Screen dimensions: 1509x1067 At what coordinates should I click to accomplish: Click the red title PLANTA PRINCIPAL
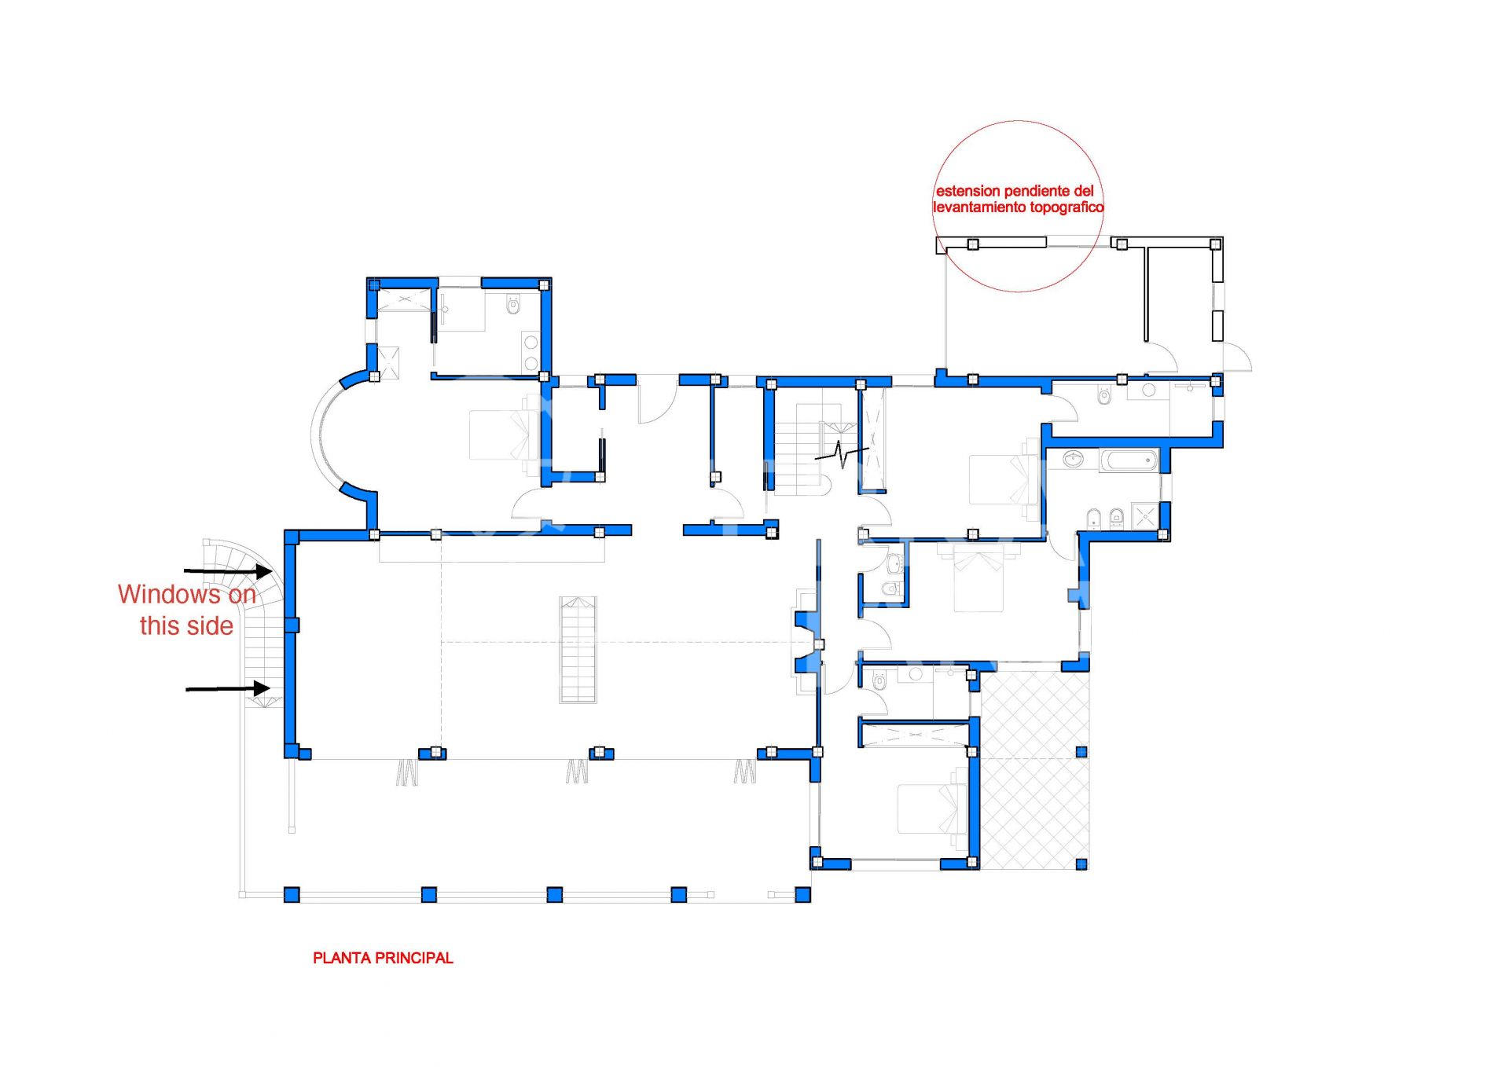(x=383, y=958)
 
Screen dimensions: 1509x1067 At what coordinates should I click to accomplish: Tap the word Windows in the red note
(x=170, y=594)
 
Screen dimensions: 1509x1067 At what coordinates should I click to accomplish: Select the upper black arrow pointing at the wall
(x=228, y=571)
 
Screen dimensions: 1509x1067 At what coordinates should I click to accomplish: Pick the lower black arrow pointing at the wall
(x=228, y=689)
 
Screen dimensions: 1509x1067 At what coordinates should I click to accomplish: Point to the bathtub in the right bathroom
(x=1129, y=460)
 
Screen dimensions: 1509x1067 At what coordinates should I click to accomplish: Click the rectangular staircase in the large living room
(x=578, y=649)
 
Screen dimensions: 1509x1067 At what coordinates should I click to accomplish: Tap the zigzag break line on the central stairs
(x=842, y=453)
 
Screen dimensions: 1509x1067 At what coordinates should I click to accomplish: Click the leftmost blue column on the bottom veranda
(x=292, y=894)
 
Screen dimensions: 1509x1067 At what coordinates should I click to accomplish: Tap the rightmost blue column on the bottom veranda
(x=802, y=894)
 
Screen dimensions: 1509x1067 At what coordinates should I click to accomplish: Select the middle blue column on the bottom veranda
(x=554, y=894)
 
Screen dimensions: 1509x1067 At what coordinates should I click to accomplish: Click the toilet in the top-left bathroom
(x=514, y=303)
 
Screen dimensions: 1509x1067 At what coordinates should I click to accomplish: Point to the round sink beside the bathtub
(x=1073, y=458)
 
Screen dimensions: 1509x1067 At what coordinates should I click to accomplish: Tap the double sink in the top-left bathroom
(x=531, y=352)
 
